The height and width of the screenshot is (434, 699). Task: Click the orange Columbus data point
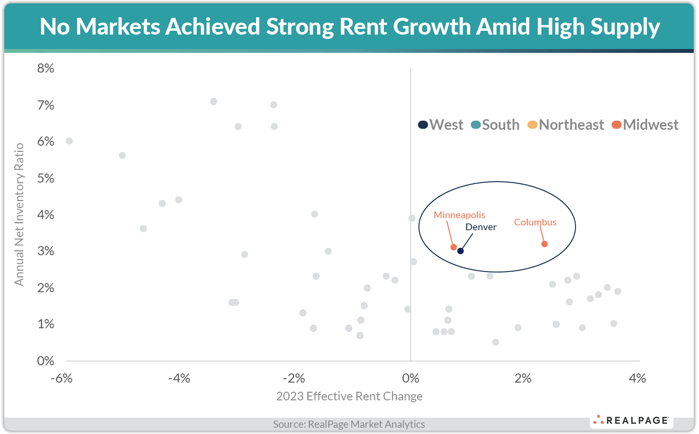(544, 244)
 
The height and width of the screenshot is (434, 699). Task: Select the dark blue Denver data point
(460, 251)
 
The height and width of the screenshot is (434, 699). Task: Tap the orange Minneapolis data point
(454, 247)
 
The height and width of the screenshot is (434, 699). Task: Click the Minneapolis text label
(459, 215)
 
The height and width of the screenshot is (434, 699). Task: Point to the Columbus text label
(535, 222)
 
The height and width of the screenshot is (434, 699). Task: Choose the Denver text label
(481, 227)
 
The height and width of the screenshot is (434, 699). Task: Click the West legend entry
(441, 125)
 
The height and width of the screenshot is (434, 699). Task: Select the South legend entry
(495, 125)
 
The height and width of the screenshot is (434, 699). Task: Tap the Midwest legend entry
(645, 125)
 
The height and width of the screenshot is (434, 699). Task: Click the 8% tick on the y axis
(46, 68)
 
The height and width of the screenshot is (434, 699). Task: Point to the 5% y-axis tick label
(46, 178)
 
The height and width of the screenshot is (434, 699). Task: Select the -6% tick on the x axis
(61, 378)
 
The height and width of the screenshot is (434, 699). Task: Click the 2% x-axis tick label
(523, 378)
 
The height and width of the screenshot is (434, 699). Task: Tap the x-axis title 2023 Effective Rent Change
(349, 396)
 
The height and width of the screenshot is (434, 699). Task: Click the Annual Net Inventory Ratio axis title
(19, 214)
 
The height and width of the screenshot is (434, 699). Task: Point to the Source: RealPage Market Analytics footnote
(349, 424)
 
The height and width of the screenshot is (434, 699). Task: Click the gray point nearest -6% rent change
(69, 141)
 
